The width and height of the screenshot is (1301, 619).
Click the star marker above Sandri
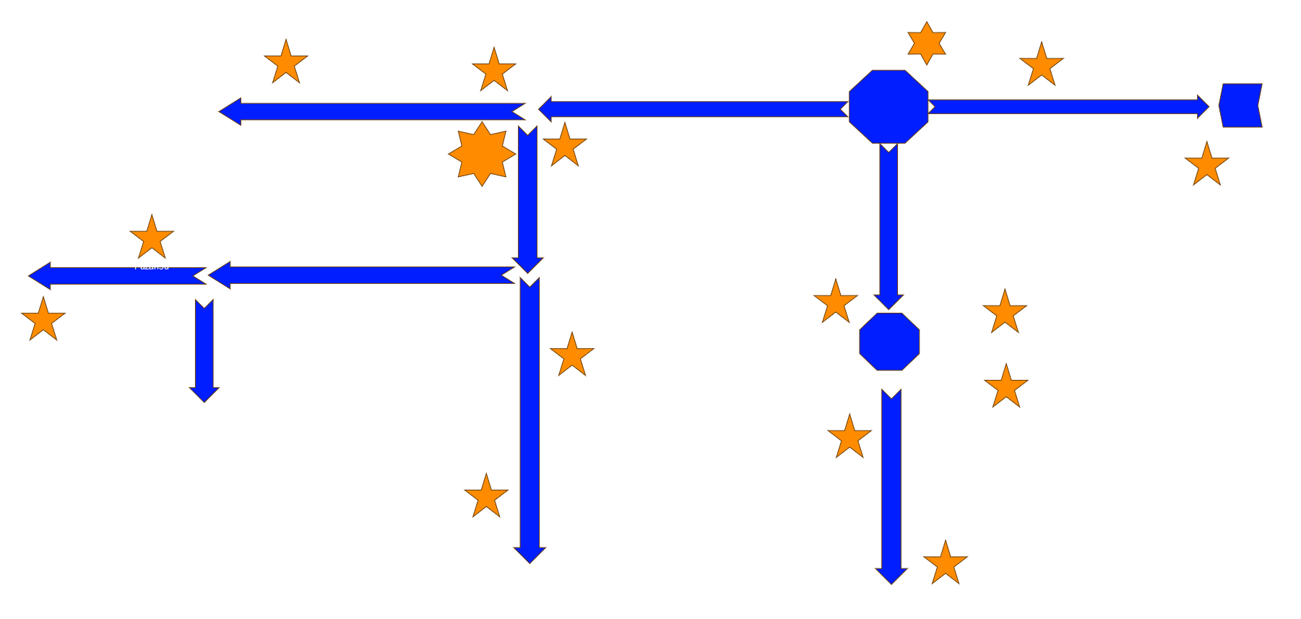286,63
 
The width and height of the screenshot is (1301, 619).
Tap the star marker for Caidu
494,71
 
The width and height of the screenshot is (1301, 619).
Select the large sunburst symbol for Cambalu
482,154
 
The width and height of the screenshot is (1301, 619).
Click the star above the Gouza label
565,146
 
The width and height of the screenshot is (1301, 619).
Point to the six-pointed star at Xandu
927,43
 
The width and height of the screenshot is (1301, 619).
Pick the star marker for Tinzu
1042,66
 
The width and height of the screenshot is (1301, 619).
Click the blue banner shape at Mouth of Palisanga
1240,105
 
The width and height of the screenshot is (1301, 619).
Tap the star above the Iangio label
1207,165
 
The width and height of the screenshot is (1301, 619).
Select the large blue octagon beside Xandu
889,107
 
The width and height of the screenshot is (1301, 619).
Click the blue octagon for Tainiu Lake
889,342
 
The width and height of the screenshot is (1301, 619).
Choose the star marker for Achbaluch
836,302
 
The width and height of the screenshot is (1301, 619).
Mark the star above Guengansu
1005,313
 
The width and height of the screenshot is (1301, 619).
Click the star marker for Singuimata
1006,387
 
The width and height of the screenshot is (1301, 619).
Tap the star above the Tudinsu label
850,438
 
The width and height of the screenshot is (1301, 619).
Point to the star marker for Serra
946,563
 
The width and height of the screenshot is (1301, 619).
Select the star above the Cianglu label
486,497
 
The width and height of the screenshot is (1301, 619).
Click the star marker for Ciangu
572,355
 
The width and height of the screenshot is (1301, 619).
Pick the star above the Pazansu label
152,238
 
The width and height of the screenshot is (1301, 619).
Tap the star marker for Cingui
43,319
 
